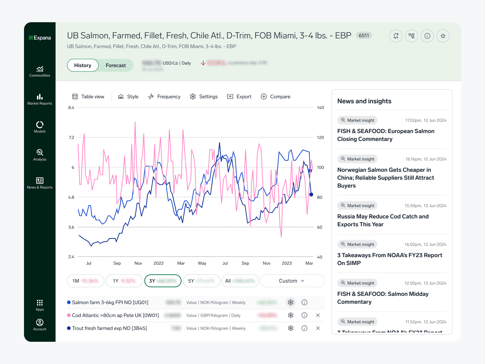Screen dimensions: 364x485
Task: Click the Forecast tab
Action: (115, 65)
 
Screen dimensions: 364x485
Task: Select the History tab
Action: (83, 65)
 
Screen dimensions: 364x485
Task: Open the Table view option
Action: (88, 96)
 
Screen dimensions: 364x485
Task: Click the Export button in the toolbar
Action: (239, 96)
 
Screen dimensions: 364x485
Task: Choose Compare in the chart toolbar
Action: (276, 96)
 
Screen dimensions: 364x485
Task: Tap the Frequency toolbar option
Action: (164, 96)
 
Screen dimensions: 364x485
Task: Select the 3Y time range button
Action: (163, 281)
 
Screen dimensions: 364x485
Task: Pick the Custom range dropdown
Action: (292, 281)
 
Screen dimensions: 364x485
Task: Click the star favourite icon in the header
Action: (443, 36)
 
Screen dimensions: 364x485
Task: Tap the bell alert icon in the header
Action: (396, 36)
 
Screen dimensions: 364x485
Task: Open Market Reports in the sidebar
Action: (40, 99)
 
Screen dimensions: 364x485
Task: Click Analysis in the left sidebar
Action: (40, 155)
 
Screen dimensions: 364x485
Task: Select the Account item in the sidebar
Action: (40, 325)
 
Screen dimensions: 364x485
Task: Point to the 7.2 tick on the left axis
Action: (71, 137)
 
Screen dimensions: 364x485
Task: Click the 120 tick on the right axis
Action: (320, 137)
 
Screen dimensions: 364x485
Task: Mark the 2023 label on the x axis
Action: (287, 263)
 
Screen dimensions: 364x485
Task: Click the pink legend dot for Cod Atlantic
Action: (69, 315)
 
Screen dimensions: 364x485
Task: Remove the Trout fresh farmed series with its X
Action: (318, 328)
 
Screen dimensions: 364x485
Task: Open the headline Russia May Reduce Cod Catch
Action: (383, 220)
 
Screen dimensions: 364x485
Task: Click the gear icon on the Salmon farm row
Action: (291, 302)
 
